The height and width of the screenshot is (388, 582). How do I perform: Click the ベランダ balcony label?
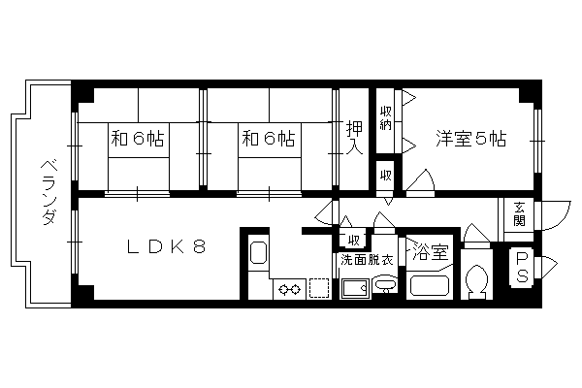click(48, 193)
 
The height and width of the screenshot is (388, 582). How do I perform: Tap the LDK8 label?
click(166, 246)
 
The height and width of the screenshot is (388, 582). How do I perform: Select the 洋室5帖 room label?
click(470, 139)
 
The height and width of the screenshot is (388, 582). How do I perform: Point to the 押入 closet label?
click(354, 137)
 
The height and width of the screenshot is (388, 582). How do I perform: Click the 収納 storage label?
click(386, 117)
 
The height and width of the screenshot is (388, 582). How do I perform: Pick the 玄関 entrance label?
click(519, 214)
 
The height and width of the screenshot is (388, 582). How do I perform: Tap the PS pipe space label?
click(523, 267)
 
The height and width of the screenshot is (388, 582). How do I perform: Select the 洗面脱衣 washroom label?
click(367, 260)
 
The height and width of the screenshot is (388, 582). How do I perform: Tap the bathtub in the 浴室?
click(430, 285)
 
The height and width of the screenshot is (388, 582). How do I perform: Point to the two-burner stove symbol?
click(289, 288)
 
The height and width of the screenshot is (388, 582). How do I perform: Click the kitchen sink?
click(258, 252)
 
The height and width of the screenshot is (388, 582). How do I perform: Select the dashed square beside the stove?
click(319, 288)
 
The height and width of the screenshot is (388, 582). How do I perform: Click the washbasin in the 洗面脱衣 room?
click(386, 285)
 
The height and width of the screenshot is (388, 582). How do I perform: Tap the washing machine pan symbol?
click(355, 288)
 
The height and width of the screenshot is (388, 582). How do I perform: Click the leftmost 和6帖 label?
click(138, 139)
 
